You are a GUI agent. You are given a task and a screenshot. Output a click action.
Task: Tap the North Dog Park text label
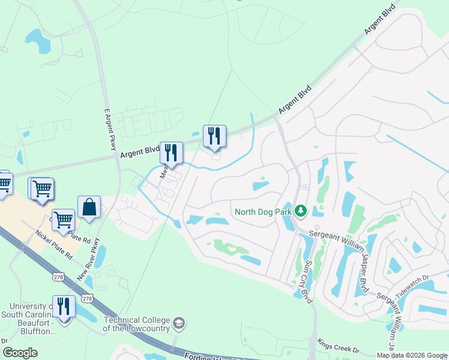coord(263,211)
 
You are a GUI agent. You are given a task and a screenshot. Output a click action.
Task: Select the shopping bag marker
coord(89,208)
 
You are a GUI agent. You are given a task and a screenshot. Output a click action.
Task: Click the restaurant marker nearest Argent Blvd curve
coord(214,136)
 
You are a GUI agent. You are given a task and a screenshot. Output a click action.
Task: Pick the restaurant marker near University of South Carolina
coord(63,307)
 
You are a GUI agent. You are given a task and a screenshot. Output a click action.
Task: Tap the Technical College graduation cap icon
coord(178,324)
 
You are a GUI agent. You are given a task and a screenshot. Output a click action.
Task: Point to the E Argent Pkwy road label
coord(109,129)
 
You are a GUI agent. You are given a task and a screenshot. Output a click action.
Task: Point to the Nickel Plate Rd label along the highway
coord(53,245)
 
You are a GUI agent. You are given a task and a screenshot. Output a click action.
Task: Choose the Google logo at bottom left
coord(20,353)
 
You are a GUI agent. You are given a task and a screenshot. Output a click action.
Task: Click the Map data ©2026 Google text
coord(411,355)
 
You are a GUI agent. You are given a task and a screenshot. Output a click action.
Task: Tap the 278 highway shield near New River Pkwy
coord(88,298)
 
